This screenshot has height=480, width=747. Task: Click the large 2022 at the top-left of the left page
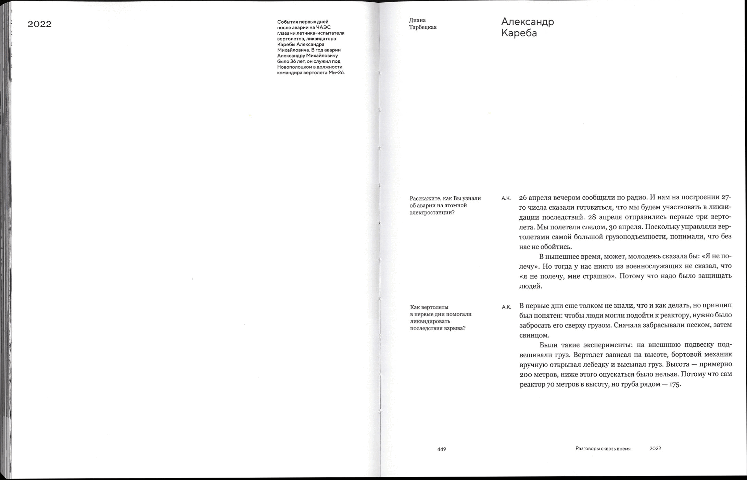(39, 24)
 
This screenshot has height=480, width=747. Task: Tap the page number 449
(442, 449)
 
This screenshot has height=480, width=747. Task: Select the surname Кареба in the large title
(519, 33)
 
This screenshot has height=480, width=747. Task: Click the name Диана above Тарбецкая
(417, 20)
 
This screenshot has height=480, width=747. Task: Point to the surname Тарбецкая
(423, 27)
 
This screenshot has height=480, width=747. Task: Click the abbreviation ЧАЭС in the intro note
(323, 27)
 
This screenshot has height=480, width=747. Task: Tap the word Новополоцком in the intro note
(292, 67)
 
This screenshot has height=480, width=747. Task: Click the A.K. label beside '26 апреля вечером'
(506, 198)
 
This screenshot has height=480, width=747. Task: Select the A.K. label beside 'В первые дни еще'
(506, 307)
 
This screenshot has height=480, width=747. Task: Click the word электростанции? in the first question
(432, 213)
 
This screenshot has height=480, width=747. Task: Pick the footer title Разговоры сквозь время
(603, 449)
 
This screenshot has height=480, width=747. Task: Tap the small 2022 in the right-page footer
(655, 449)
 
